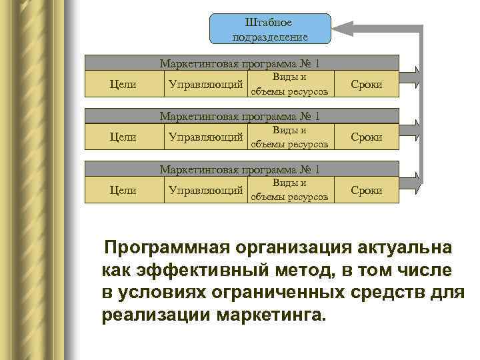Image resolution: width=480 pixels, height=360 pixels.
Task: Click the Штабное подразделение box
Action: click(x=270, y=29)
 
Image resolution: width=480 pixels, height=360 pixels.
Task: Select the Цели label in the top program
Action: click(x=123, y=85)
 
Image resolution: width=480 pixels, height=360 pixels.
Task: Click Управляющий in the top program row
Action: click(x=205, y=85)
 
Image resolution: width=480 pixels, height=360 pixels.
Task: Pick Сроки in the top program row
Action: click(x=366, y=85)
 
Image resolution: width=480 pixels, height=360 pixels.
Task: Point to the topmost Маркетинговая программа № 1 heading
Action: click(x=240, y=64)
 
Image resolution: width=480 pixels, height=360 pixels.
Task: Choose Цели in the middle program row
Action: click(x=123, y=137)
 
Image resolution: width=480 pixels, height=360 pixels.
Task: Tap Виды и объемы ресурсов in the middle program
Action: click(x=289, y=137)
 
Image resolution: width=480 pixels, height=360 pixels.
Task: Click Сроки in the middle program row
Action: click(x=366, y=137)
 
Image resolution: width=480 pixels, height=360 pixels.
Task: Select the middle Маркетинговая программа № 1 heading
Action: click(x=240, y=116)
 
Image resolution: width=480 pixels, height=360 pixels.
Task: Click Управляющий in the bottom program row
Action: click(x=205, y=191)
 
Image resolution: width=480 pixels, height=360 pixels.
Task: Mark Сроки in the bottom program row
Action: click(x=366, y=191)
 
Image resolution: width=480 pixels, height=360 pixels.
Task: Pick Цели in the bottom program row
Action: click(x=123, y=191)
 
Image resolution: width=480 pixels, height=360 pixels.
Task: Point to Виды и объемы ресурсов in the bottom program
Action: click(x=289, y=190)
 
